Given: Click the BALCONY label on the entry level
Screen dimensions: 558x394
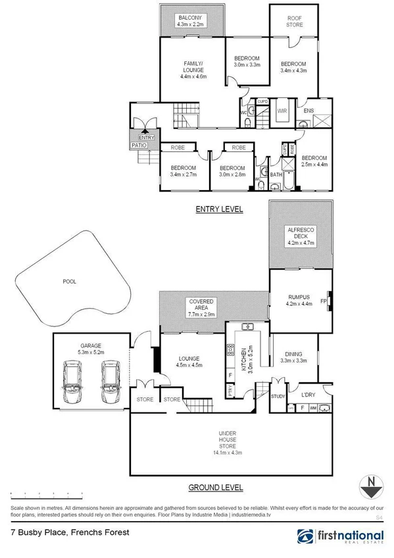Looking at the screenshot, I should coord(192,18).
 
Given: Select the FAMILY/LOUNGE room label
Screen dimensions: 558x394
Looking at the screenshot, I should coord(193,66).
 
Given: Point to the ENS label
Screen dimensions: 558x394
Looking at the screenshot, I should coord(307,111).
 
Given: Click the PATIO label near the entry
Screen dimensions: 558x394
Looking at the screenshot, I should coord(138,145).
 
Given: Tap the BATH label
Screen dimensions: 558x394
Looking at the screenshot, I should coord(276,175).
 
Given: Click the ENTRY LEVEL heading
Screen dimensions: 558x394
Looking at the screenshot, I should coord(219,209).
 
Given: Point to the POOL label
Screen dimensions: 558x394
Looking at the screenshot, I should coord(69,282).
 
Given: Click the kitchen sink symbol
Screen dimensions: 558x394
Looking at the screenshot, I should coord(248,326).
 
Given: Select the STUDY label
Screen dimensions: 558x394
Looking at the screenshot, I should coord(278,395).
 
